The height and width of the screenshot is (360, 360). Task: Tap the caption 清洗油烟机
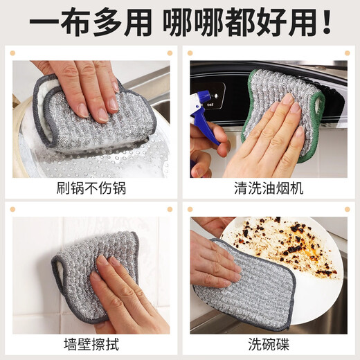pos(269,188)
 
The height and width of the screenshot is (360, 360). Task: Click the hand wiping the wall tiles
pos(128,294)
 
